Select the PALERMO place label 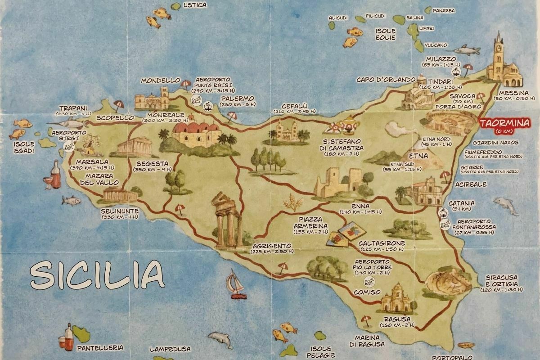point(237,98)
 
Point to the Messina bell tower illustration point(498,56)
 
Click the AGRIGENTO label point(271,246)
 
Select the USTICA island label point(195,5)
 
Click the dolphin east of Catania point(506,205)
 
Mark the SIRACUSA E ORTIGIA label point(501,280)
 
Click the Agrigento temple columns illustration point(227,220)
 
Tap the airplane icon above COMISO point(369,282)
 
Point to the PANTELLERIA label point(100,348)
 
